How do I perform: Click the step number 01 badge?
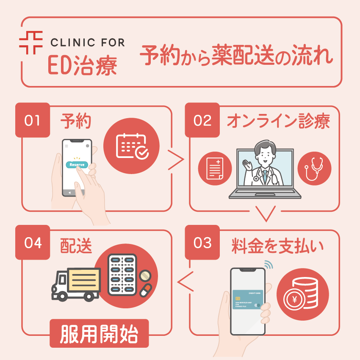[32, 120]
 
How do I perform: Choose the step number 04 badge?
[32, 243]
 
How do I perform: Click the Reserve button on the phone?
[77, 164]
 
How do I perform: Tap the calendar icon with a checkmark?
[132, 146]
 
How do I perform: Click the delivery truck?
[76, 283]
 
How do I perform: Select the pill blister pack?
[122, 274]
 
